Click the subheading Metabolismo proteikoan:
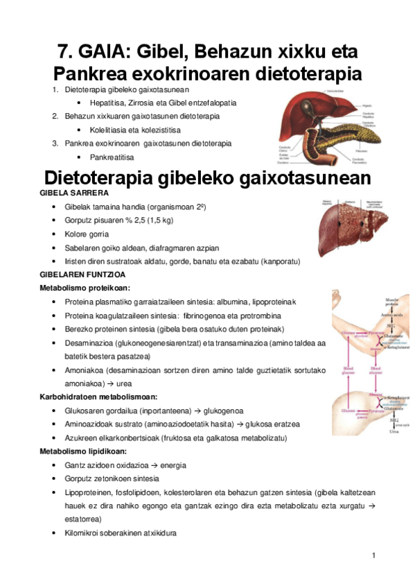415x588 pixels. coord(85,288)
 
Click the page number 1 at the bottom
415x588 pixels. coord(373,555)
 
